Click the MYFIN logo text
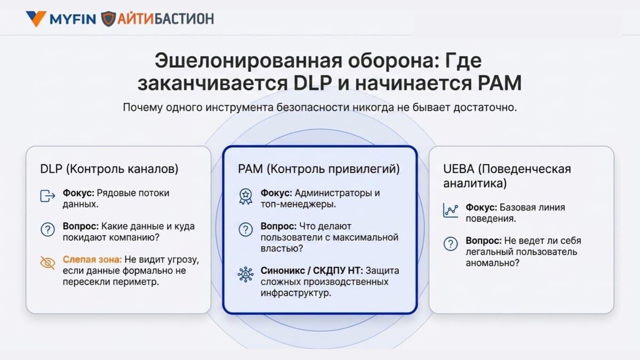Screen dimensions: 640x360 click(x=73, y=19)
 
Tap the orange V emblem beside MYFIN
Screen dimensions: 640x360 click(x=36, y=19)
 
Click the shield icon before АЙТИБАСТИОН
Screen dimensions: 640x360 click(x=108, y=19)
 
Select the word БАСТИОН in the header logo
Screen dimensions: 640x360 click(x=183, y=19)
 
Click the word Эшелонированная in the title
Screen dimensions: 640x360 click(x=249, y=61)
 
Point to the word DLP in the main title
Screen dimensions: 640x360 click(x=313, y=83)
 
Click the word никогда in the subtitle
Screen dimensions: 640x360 click(x=373, y=107)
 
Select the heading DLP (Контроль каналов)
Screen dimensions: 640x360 click(x=109, y=169)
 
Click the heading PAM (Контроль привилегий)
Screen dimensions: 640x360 click(x=319, y=169)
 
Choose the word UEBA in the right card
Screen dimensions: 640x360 click(x=459, y=169)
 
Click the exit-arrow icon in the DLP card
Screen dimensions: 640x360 click(x=47, y=196)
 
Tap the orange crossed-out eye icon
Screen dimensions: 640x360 click(x=47, y=262)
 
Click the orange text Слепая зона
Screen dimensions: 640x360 click(x=92, y=259)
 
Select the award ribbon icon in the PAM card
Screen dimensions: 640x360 click(x=245, y=196)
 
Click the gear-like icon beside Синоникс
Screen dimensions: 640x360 click(x=245, y=275)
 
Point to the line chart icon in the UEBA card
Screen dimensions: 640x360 click(x=451, y=210)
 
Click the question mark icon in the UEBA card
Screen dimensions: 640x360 click(x=451, y=244)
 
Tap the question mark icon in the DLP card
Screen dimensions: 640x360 click(x=47, y=229)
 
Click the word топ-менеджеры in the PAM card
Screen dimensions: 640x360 click(x=298, y=204)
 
